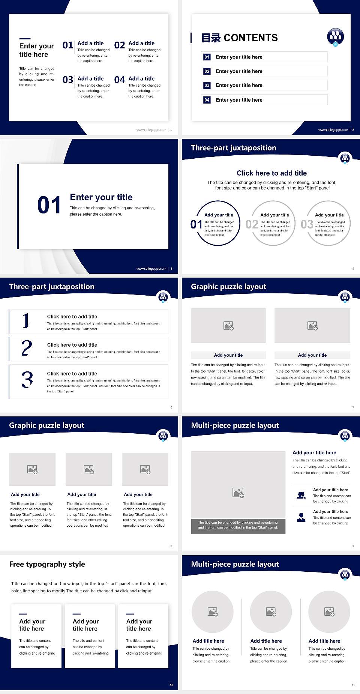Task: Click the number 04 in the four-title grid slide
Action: coord(120,80)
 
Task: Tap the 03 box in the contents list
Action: coord(207,86)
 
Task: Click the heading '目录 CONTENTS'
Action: coord(240,38)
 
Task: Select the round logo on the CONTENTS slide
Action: coord(335,36)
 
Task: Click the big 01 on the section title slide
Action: coord(49,205)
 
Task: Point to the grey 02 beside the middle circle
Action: coord(252,224)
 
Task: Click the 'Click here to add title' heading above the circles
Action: coord(271,173)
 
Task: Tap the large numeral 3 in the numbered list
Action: coord(27,380)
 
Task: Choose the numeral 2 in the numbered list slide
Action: coord(27,348)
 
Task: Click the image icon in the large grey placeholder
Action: coord(238,493)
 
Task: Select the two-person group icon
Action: coord(301,495)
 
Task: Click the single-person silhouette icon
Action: coord(301,517)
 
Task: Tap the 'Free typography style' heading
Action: coord(47,564)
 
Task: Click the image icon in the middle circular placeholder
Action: coord(271,612)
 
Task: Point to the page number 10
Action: coord(171,685)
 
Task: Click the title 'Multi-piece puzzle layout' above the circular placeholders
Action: coord(235,564)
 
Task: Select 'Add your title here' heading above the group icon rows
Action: coord(314,453)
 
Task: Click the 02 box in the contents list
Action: coord(207,71)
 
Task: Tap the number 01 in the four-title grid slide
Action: coord(68,45)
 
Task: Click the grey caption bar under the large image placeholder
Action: coord(238,525)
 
